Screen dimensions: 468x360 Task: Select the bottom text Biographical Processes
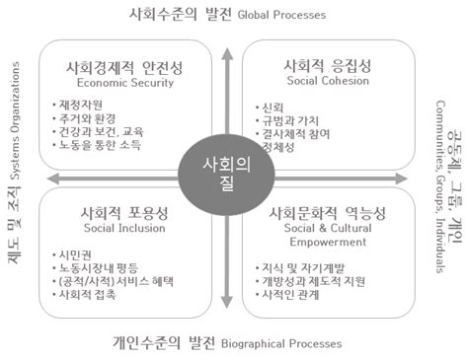[x=282, y=344]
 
